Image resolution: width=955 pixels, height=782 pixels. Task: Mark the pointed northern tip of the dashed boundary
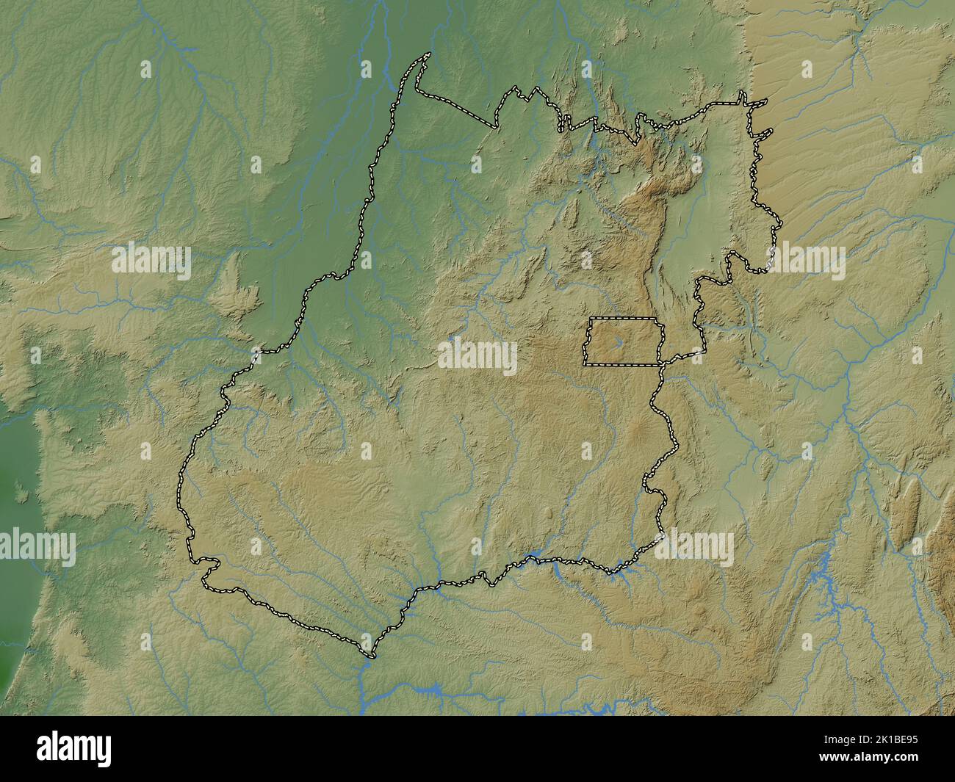(x=428, y=55)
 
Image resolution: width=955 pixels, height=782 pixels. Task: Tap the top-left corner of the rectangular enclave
(x=591, y=319)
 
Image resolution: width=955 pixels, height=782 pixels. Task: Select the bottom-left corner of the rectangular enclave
(x=585, y=363)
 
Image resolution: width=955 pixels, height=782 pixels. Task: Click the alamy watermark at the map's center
(x=478, y=356)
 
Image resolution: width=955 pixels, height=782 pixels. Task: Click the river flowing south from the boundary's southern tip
(x=365, y=683)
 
